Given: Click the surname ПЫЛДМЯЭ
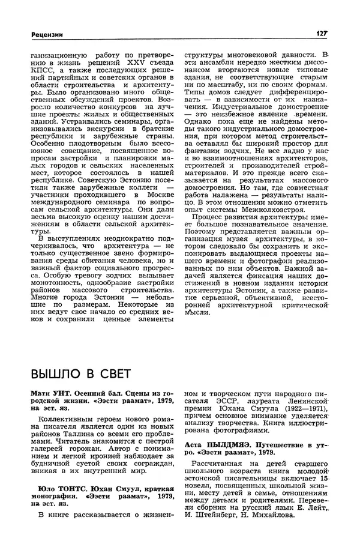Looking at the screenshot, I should point(229,444).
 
